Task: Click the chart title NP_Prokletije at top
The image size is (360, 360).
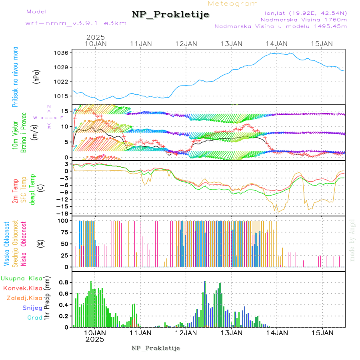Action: pos(170,15)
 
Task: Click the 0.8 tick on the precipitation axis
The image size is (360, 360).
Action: pos(64,282)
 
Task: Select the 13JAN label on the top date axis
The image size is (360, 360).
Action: pos(231,44)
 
